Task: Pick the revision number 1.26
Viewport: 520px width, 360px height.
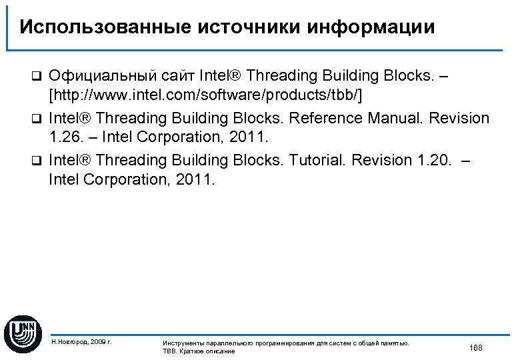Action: coord(64,139)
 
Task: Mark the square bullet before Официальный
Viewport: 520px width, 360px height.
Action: coord(39,76)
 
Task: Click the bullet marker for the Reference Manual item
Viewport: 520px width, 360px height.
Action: coord(39,119)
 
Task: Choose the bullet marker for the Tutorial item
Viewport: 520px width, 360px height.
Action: coord(39,161)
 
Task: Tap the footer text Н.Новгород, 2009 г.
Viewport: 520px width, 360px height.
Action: coord(81,342)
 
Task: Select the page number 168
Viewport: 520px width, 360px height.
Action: coord(475,348)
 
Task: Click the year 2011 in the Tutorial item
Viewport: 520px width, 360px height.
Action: coord(198,181)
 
